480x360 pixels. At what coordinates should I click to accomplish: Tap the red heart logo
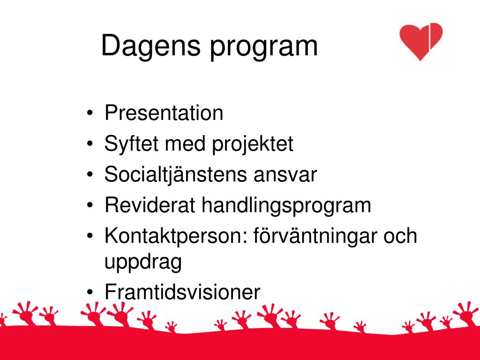click(x=420, y=41)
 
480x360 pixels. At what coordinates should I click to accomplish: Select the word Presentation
click(x=164, y=113)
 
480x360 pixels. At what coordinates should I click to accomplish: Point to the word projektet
click(x=253, y=144)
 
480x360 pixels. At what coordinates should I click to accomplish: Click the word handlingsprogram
click(x=286, y=206)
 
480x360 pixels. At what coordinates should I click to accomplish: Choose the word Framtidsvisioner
click(x=182, y=292)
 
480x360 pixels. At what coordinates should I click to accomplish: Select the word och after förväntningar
click(x=400, y=236)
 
